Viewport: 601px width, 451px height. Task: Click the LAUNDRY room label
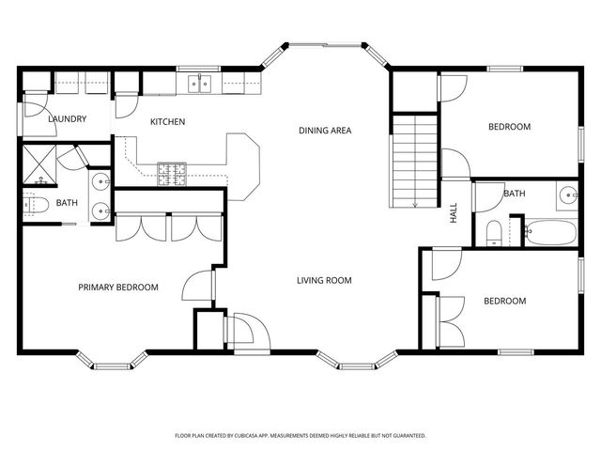[x=68, y=119]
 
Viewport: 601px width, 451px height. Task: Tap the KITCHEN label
[x=168, y=122]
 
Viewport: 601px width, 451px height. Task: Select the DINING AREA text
[x=325, y=131]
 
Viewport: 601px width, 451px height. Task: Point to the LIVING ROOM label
[x=324, y=280]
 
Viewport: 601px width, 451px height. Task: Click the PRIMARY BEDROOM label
[x=117, y=288]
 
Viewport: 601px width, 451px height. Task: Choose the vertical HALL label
[x=453, y=213]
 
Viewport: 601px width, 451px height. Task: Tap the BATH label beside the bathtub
[x=515, y=194]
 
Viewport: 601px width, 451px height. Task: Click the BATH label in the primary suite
[x=67, y=203]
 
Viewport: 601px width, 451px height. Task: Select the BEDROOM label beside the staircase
[x=508, y=127]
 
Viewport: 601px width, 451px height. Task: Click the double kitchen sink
[x=199, y=85]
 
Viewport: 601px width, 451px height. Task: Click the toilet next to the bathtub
[x=494, y=232]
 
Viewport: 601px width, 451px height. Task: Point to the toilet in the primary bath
[x=34, y=204]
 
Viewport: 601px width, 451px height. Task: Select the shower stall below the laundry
[x=39, y=163]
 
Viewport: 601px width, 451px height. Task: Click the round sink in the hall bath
[x=568, y=195]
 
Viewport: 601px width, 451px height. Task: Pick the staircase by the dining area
[x=413, y=160]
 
